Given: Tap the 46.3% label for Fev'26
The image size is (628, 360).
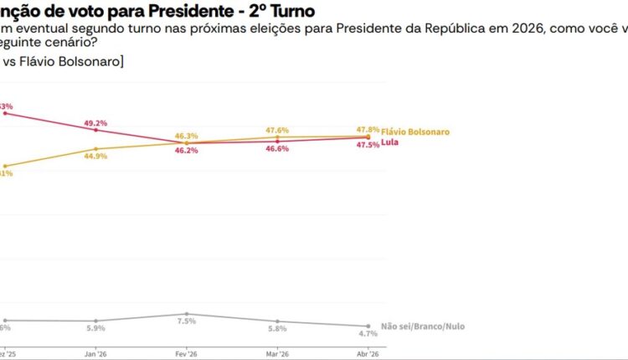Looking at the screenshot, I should (186, 136).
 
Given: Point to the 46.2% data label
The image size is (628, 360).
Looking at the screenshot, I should (186, 151).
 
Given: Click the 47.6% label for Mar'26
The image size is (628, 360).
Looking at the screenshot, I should (277, 130).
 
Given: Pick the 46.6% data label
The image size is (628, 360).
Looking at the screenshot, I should (277, 148).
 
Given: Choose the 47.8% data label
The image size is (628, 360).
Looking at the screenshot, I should (368, 129).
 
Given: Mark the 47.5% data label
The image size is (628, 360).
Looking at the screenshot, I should (368, 145).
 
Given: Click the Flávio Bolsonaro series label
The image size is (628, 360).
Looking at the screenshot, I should (415, 132).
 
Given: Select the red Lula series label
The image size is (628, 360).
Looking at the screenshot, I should (389, 143).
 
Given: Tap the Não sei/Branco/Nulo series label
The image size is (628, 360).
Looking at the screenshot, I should (416, 326).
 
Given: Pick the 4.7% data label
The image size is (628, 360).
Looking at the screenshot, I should (368, 333).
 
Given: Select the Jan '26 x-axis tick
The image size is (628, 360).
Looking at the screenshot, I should (96, 353).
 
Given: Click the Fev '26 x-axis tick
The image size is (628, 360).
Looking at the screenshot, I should (186, 353).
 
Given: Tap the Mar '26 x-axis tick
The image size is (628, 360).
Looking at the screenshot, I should (277, 353).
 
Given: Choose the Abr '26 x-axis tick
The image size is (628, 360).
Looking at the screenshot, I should (368, 353).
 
